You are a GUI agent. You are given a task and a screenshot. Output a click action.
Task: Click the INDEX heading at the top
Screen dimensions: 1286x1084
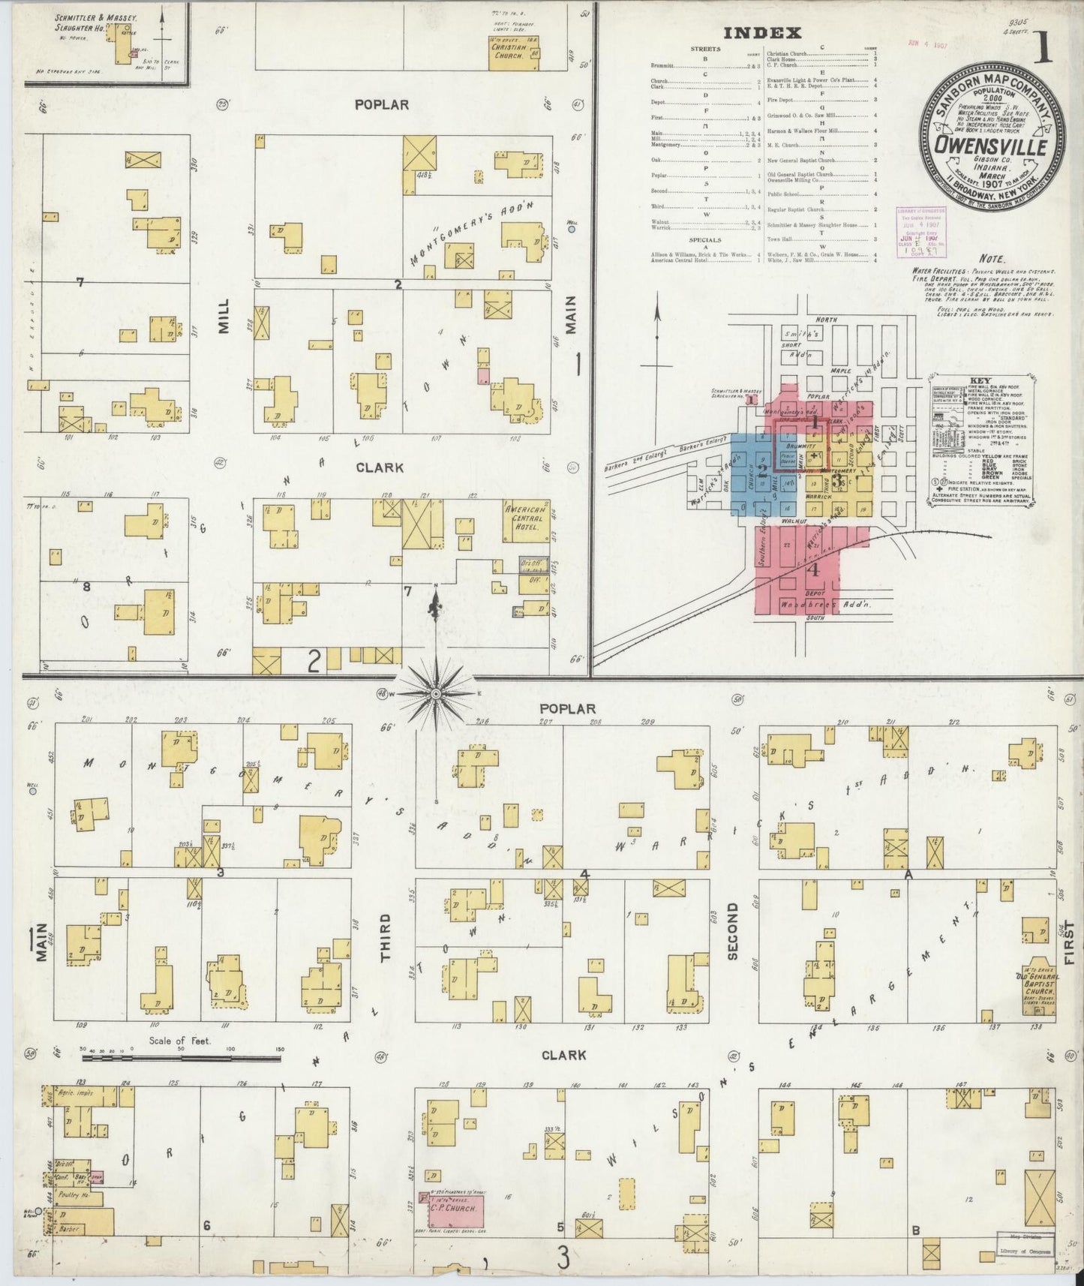point(762,33)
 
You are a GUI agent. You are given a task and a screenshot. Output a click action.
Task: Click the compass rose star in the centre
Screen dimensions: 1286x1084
point(435,696)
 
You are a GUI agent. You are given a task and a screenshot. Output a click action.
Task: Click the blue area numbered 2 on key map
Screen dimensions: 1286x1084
point(762,472)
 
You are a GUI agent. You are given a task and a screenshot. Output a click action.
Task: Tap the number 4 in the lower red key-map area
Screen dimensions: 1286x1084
point(813,569)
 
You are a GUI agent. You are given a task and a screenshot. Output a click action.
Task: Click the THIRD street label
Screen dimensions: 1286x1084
point(385,938)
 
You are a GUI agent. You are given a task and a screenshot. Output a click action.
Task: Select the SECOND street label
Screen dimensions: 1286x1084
point(733,930)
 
